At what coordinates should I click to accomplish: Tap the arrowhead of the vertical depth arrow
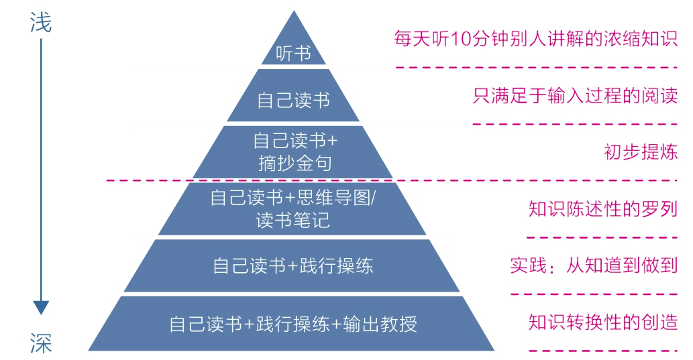tap(41, 307)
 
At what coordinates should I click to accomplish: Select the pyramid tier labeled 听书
tap(294, 53)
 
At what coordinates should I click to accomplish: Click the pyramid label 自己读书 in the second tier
tap(294, 101)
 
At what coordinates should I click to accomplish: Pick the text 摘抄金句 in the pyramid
tap(294, 162)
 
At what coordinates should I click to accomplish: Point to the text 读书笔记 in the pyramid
tap(293, 220)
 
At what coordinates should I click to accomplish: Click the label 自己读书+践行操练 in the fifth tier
tap(293, 265)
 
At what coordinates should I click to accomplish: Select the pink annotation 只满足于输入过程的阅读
tap(575, 95)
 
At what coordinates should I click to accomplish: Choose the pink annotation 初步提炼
tap(641, 152)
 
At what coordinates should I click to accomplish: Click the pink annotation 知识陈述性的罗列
tap(602, 209)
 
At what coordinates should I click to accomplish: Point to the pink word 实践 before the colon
tap(525, 265)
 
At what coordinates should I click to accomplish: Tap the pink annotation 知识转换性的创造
tap(602, 322)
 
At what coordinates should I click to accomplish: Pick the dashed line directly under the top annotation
tap(536, 67)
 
